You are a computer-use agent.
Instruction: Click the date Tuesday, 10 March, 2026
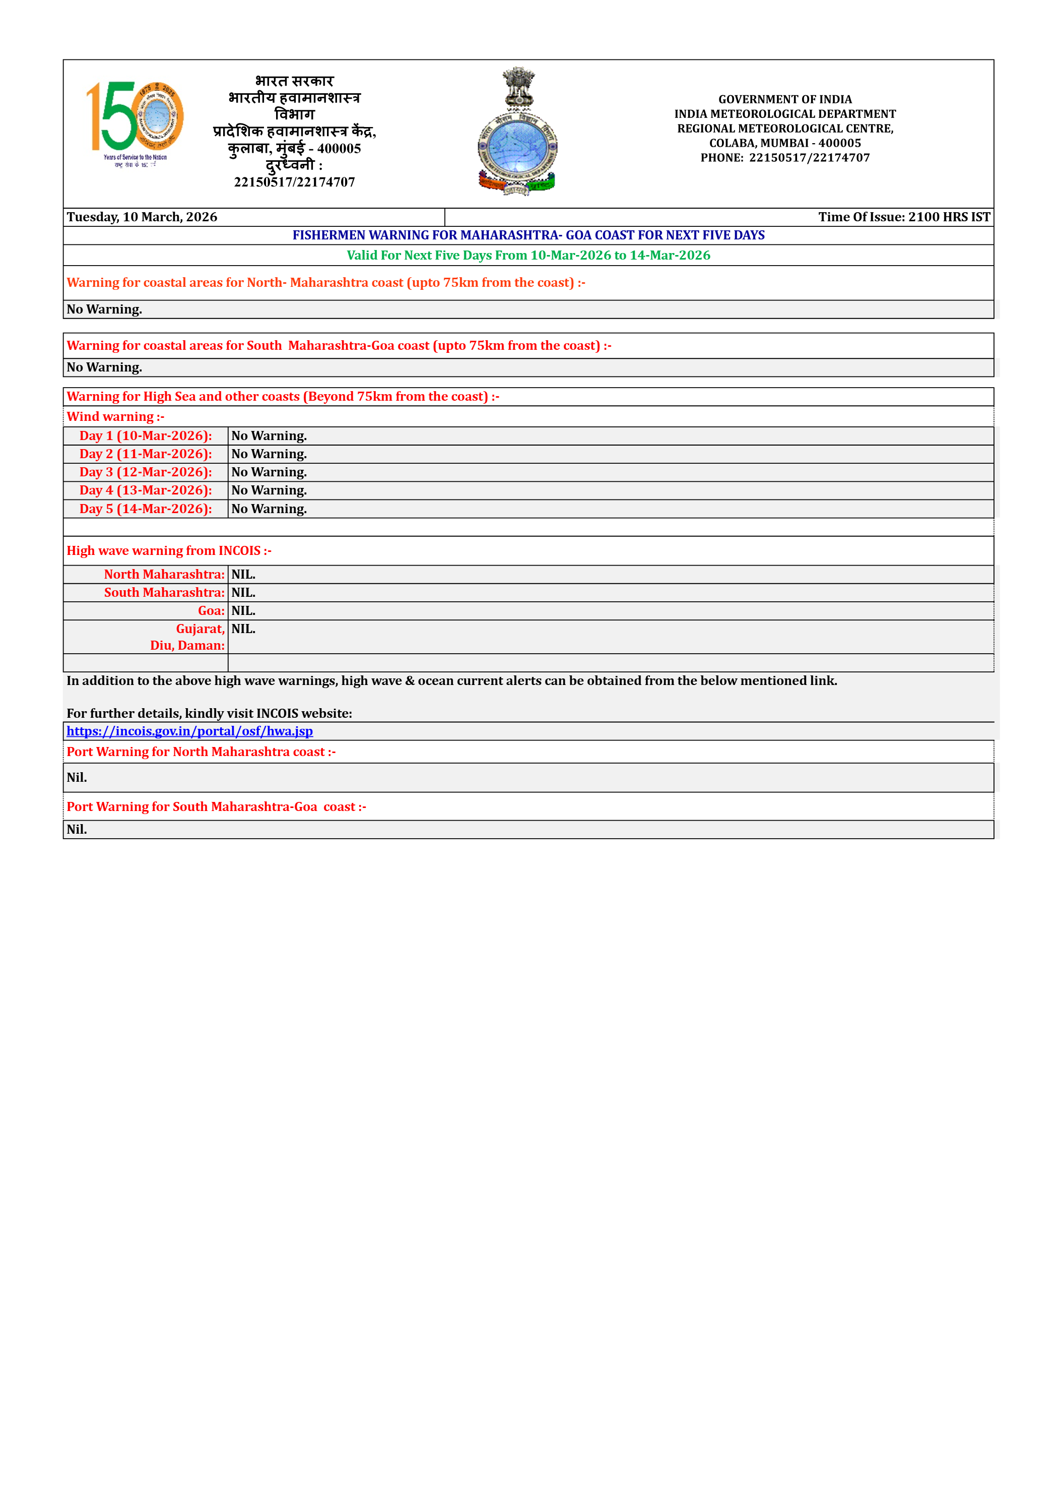(142, 217)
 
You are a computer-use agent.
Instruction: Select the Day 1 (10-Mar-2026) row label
(146, 435)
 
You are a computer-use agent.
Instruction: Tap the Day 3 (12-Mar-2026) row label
(146, 472)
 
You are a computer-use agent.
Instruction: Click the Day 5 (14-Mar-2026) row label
(146, 509)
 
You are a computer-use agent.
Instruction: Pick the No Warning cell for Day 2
(269, 454)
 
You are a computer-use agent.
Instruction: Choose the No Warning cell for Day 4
(269, 490)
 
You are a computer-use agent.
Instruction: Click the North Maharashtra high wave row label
(164, 575)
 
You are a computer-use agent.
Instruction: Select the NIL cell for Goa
(243, 611)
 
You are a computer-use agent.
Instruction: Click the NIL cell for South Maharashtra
(243, 593)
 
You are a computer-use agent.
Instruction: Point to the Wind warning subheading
(115, 417)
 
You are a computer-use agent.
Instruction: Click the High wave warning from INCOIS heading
(169, 551)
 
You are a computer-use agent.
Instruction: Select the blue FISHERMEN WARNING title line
(528, 235)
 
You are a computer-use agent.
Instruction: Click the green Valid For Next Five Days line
(528, 256)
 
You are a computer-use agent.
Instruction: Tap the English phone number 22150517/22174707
(809, 158)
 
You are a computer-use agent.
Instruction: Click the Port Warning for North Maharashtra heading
(201, 752)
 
